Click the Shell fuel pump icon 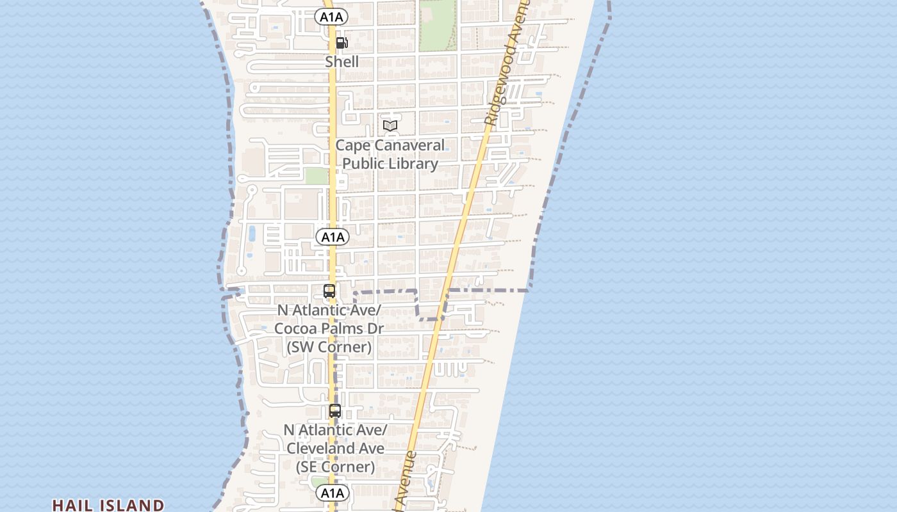pyautogui.click(x=342, y=43)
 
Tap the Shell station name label pyautogui.click(x=342, y=62)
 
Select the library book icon pyautogui.click(x=390, y=125)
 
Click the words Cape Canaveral pyautogui.click(x=390, y=145)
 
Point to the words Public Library pyautogui.click(x=390, y=163)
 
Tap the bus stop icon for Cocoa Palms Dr pyautogui.click(x=329, y=291)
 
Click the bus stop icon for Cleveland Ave pyautogui.click(x=335, y=411)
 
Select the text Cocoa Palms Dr pyautogui.click(x=329, y=328)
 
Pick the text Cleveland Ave pyautogui.click(x=335, y=448)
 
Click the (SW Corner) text pyautogui.click(x=329, y=347)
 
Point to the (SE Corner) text pyautogui.click(x=335, y=467)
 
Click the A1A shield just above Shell pyautogui.click(x=331, y=17)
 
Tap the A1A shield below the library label pyautogui.click(x=333, y=237)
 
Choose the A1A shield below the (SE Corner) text pyautogui.click(x=332, y=493)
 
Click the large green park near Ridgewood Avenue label pyautogui.click(x=438, y=24)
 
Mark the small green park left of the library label pyautogui.click(x=316, y=175)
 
